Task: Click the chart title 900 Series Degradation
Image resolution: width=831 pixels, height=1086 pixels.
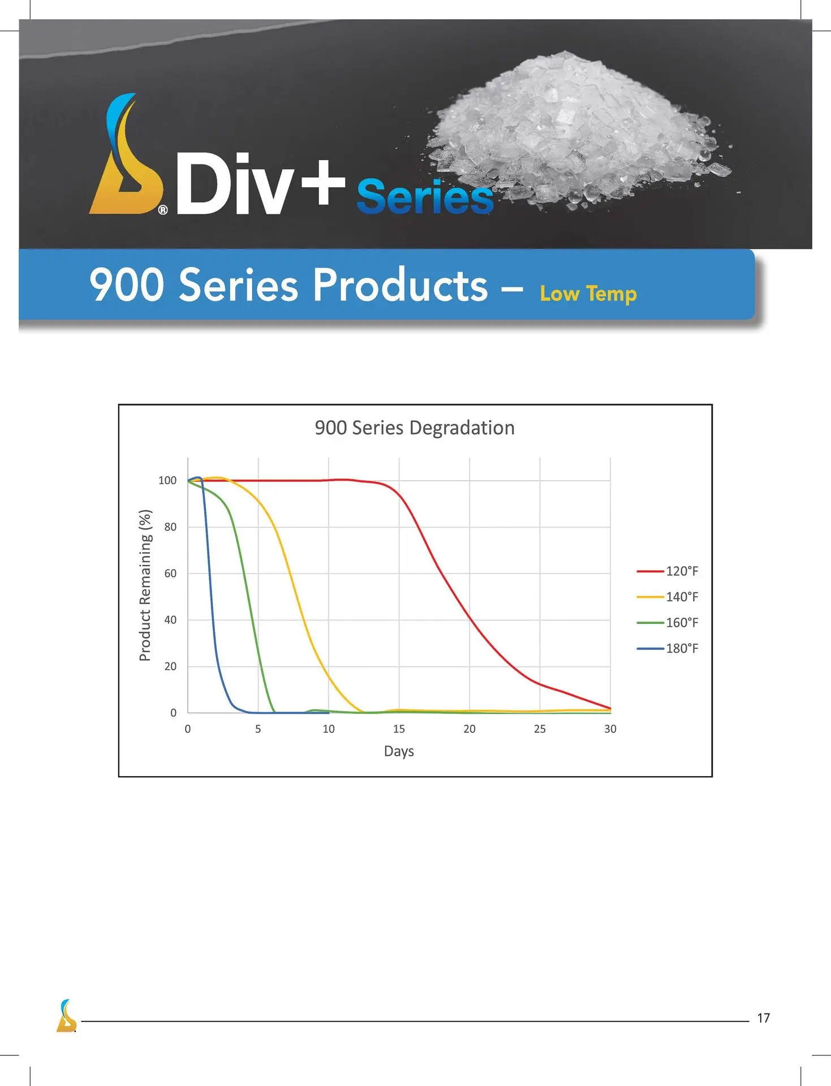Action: tap(415, 428)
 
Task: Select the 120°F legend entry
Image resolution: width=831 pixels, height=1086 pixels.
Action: tap(668, 571)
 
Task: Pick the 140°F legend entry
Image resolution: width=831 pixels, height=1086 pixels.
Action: tap(668, 597)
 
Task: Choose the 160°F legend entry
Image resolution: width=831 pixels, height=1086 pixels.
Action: tap(668, 623)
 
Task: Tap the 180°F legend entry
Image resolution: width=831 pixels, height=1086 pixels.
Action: tap(668, 648)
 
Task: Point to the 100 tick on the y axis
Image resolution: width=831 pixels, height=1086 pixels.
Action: tap(167, 481)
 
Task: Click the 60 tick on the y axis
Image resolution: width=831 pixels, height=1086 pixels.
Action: tap(170, 574)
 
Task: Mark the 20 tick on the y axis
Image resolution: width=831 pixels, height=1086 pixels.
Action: tap(170, 666)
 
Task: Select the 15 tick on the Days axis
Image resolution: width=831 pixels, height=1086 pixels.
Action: tap(399, 729)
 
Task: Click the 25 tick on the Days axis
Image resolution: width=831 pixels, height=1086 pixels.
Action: tap(540, 729)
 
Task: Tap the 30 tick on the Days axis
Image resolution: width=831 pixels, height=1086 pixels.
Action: tap(610, 729)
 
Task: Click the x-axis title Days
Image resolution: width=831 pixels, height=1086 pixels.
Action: tap(399, 752)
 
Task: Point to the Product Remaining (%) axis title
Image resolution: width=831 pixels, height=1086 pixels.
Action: tap(145, 585)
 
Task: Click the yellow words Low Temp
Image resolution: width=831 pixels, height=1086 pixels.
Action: tap(588, 294)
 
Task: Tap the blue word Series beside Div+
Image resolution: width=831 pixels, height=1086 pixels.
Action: tap(425, 197)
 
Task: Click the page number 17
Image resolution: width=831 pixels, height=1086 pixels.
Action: tap(763, 1018)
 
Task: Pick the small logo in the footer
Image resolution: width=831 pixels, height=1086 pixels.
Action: tap(66, 1015)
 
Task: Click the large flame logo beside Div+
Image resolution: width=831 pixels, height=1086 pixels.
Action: tap(126, 154)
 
